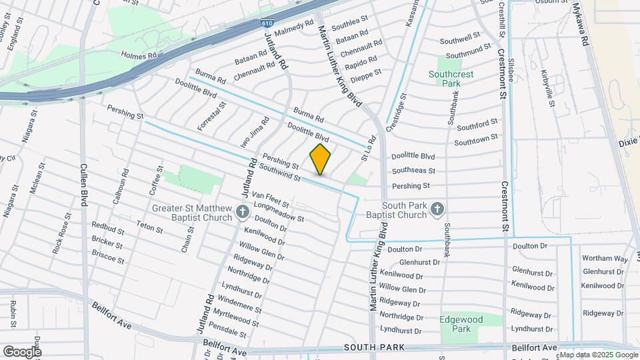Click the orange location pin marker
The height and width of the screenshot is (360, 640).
[321, 159]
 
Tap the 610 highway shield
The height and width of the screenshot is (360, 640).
[267, 23]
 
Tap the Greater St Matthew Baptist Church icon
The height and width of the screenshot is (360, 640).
[243, 213]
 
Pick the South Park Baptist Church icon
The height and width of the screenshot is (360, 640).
[437, 209]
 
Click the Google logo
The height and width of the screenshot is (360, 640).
[22, 351]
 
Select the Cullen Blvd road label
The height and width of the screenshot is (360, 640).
[85, 185]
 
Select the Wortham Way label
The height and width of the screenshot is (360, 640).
[605, 258]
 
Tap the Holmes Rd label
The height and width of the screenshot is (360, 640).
[138, 55]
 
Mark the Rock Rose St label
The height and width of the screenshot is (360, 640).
[62, 233]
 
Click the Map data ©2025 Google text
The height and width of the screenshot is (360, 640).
[597, 355]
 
